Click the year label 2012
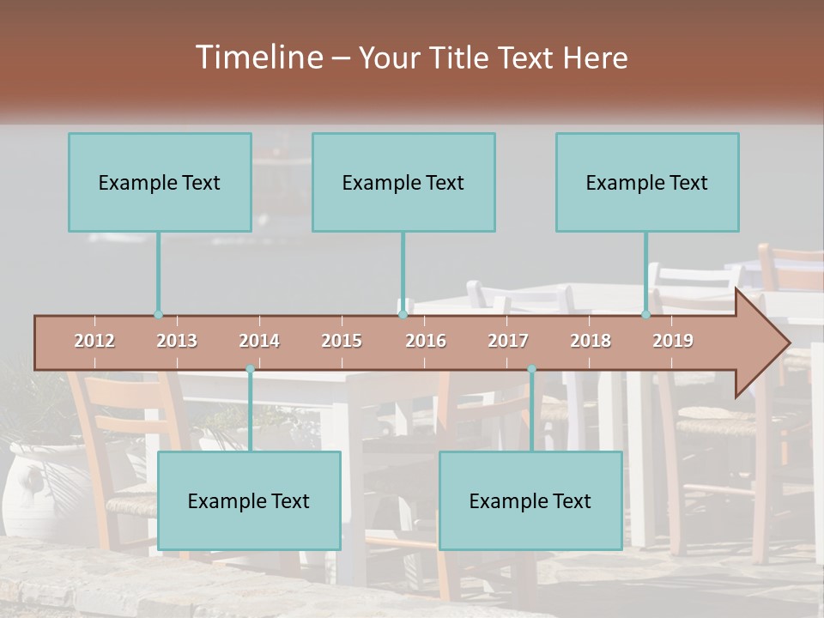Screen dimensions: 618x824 tap(94, 341)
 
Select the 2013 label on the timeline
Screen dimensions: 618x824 tap(177, 341)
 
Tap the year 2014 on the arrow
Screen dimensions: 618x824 tap(259, 341)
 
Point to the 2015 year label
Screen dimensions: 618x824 tap(342, 341)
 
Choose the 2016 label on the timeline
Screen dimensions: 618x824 tap(426, 341)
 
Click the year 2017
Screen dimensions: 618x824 tap(508, 341)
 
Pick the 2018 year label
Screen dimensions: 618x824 tap(591, 341)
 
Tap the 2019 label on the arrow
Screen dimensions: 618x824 tap(673, 341)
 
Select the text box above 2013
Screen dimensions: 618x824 tap(160, 182)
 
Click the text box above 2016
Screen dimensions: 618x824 tap(403, 182)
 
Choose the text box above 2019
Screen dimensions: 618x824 tap(647, 182)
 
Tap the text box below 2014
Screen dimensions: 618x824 tap(249, 500)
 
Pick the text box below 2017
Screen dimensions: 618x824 tap(530, 500)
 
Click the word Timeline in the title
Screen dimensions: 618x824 tap(257, 58)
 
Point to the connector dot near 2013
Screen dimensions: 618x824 tap(158, 314)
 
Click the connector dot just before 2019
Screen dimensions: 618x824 tap(645, 314)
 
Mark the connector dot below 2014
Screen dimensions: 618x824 tap(250, 369)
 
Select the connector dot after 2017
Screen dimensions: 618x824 tap(531, 369)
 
